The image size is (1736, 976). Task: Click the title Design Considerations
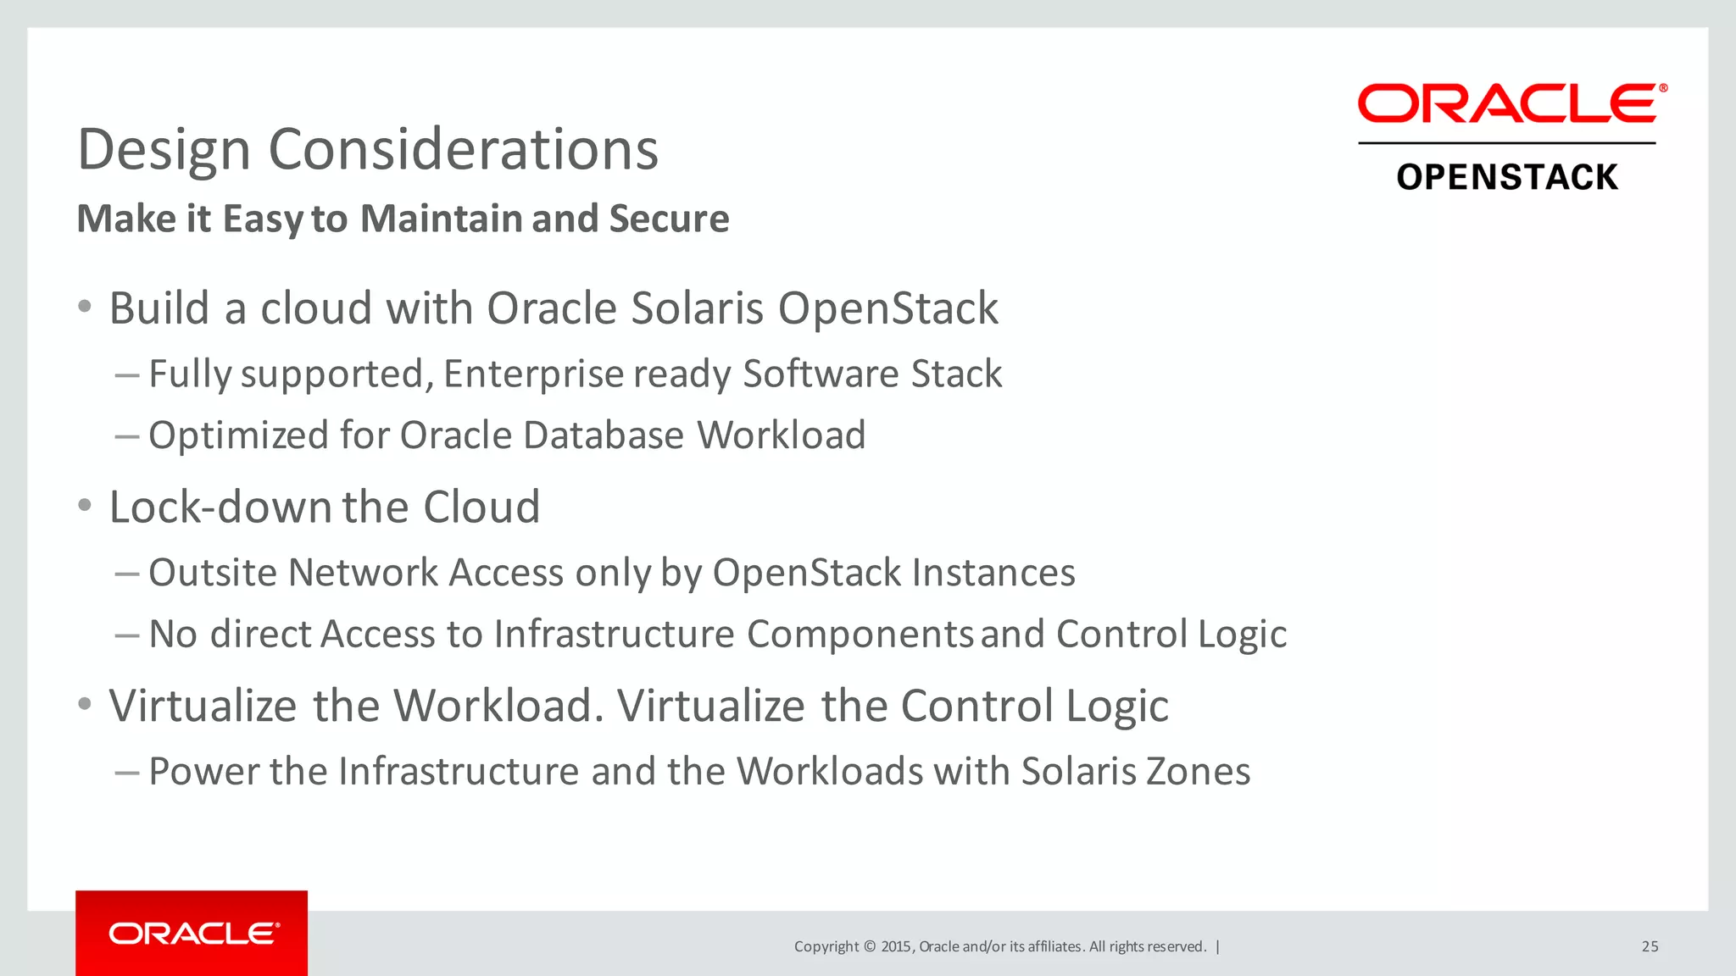[368, 150]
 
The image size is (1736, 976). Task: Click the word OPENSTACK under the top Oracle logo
[1507, 177]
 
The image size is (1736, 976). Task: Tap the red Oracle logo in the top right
[1511, 103]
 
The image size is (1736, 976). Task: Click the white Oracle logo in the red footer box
[194, 934]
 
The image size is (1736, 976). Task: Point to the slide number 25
[1650, 946]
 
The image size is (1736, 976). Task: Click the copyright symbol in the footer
[869, 946]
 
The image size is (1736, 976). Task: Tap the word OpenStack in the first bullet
[887, 308]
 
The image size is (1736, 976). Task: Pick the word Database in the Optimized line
[603, 435]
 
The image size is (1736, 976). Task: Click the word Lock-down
[220, 507]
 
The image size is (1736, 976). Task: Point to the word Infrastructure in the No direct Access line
[614, 634]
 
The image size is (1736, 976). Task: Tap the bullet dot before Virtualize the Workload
[84, 704]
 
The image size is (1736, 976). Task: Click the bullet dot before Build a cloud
[84, 307]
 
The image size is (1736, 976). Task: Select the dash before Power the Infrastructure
[127, 772]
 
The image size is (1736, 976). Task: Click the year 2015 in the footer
[896, 946]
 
